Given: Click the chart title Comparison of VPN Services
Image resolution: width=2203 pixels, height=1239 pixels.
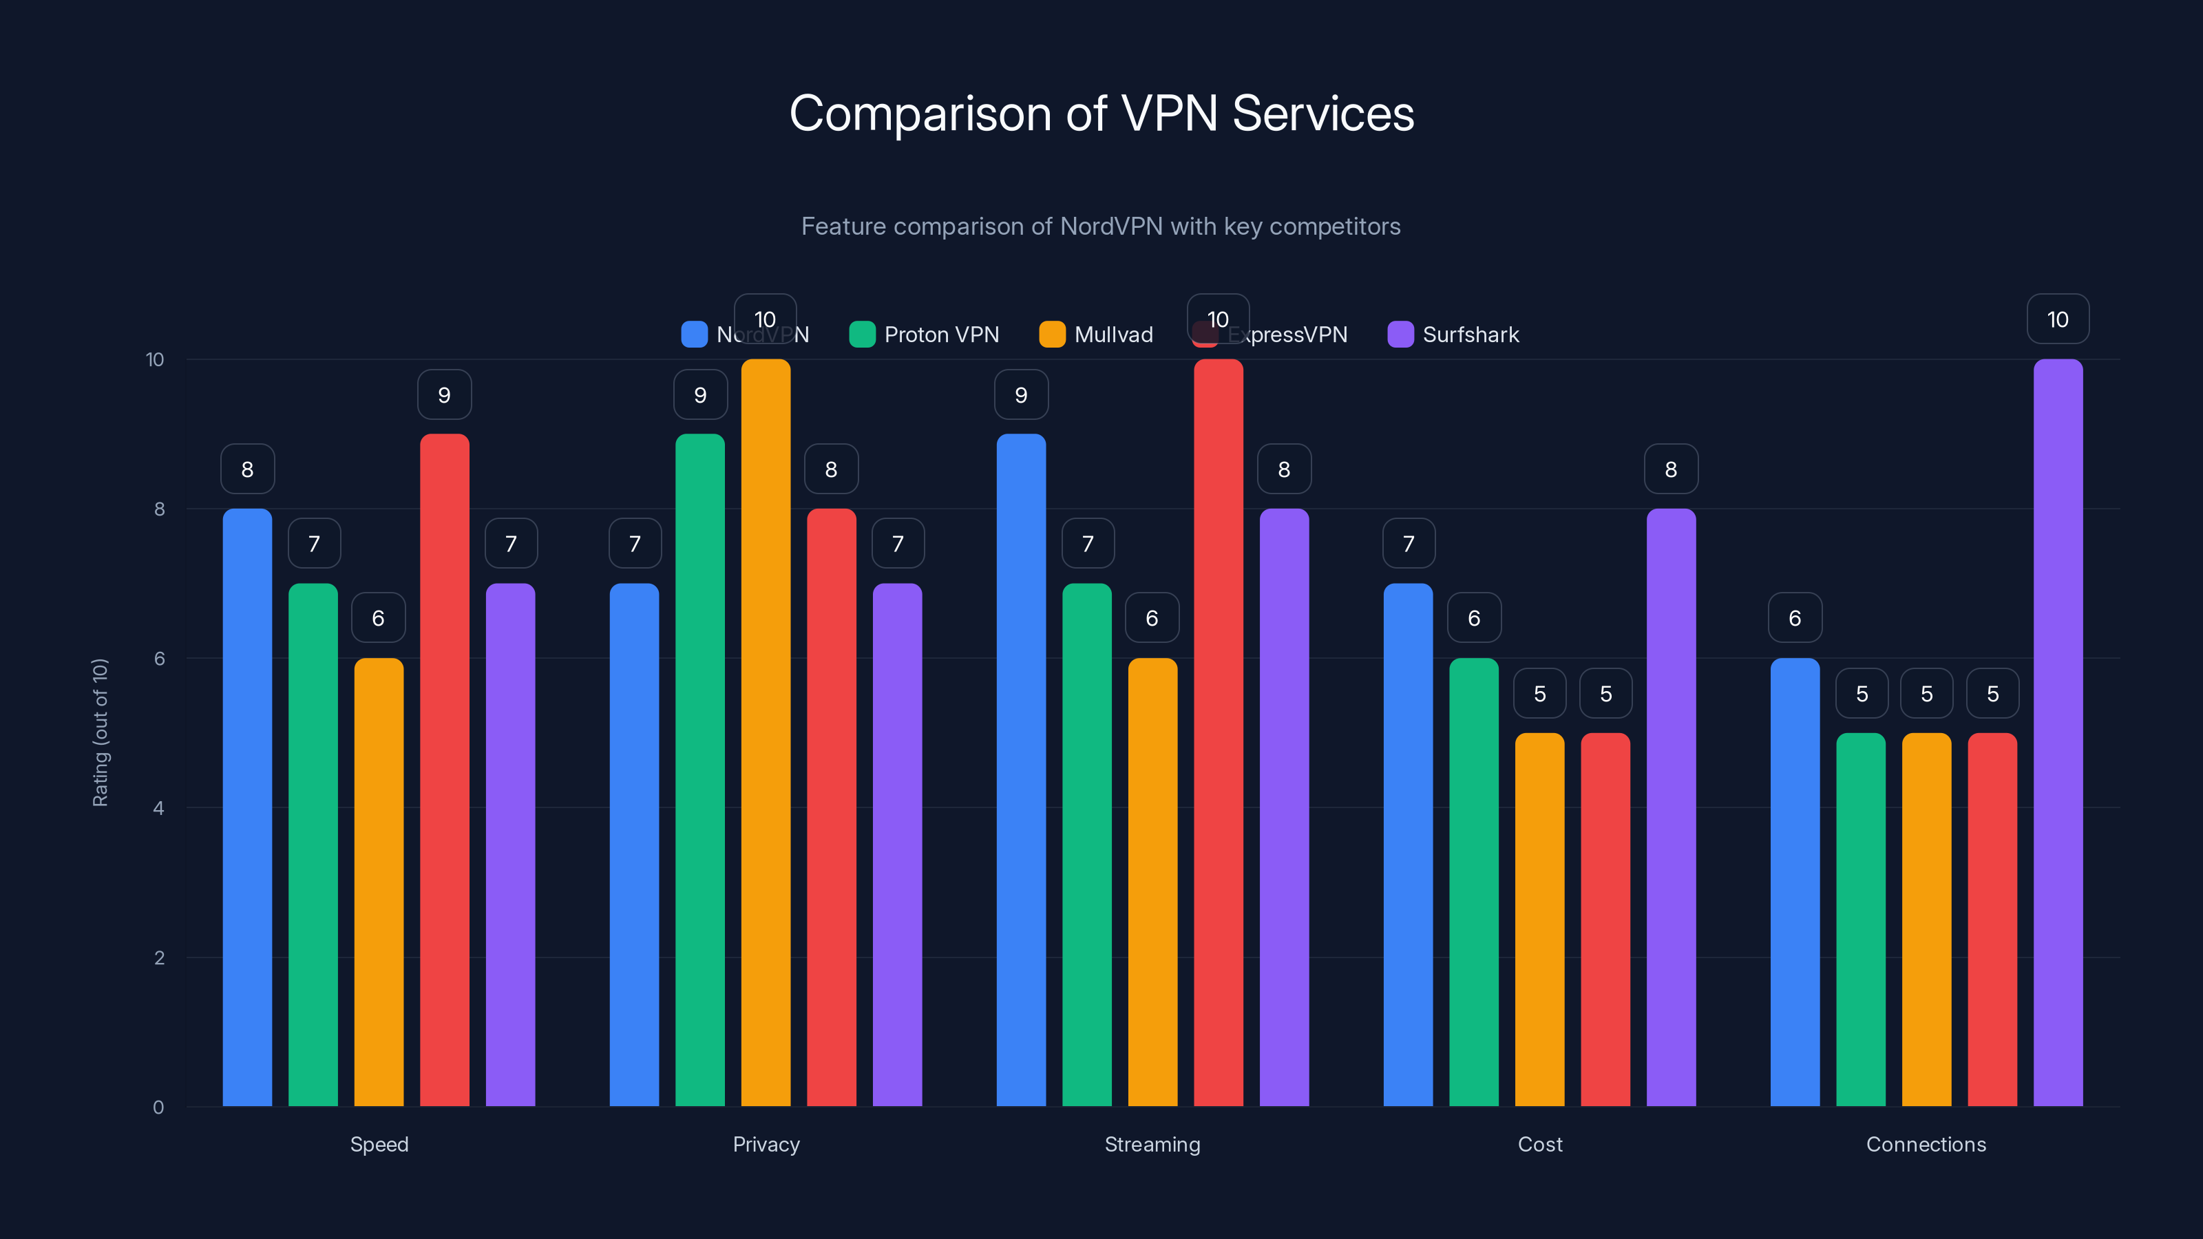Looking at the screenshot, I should click(x=1101, y=114).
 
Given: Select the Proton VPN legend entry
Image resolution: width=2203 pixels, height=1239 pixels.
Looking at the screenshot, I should click(x=925, y=335).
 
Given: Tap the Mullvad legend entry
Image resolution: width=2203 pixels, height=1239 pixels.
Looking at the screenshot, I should click(x=1097, y=335).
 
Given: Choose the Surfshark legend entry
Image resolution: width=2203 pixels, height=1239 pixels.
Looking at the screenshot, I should click(x=1453, y=335).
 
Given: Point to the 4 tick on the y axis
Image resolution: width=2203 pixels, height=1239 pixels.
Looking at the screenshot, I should click(x=158, y=808).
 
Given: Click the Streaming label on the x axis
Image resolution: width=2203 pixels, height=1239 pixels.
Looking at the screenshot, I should click(x=1152, y=1144).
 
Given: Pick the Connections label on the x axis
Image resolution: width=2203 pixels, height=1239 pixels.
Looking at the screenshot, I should click(x=1926, y=1144).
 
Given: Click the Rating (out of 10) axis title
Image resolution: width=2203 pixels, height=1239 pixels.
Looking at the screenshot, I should click(x=100, y=732).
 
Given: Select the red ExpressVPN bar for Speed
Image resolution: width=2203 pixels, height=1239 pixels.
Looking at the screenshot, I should click(x=445, y=770).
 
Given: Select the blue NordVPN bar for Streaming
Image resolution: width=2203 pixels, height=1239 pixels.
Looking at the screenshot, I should click(x=1021, y=770).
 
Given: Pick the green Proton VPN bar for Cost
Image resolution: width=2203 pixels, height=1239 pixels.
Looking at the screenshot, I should click(x=1473, y=881).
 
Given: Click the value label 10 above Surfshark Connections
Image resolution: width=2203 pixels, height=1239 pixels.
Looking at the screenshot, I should click(x=2058, y=319).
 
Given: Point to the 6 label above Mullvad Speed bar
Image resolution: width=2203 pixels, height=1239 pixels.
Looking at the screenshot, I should click(x=378, y=618).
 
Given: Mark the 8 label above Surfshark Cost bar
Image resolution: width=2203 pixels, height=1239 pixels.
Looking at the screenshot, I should click(x=1671, y=469).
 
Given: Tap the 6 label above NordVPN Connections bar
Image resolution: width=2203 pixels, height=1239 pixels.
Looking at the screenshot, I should click(x=1795, y=618).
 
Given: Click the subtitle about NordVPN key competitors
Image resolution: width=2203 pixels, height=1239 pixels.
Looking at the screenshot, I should click(x=1101, y=226).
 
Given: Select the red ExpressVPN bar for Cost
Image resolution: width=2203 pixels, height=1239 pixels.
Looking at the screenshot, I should click(x=1605, y=919).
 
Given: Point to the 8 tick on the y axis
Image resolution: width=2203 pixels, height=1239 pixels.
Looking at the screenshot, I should click(x=159, y=509).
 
